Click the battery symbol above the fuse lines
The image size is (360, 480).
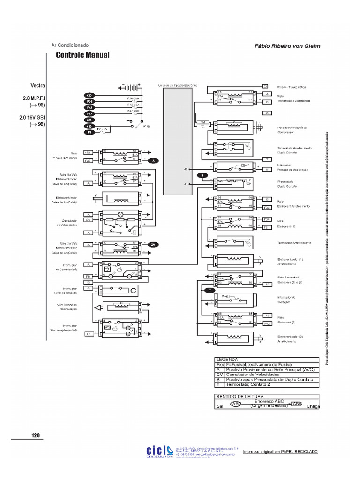[129, 88]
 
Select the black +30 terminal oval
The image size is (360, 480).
[89, 96]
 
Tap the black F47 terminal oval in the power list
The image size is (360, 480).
[89, 114]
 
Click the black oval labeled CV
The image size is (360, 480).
[153, 245]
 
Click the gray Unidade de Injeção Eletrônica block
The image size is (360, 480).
[177, 141]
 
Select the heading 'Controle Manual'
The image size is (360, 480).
[82, 55]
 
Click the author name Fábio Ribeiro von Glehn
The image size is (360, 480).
[287, 46]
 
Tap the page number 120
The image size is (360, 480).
[36, 435]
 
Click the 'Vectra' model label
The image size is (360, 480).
[37, 86]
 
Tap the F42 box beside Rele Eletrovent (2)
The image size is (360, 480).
[267, 324]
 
